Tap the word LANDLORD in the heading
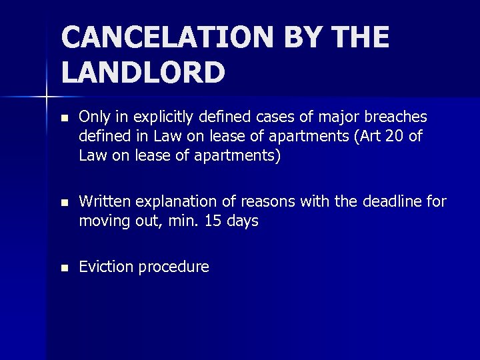point(143,73)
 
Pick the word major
point(335,118)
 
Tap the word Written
point(103,201)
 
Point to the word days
point(242,221)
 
